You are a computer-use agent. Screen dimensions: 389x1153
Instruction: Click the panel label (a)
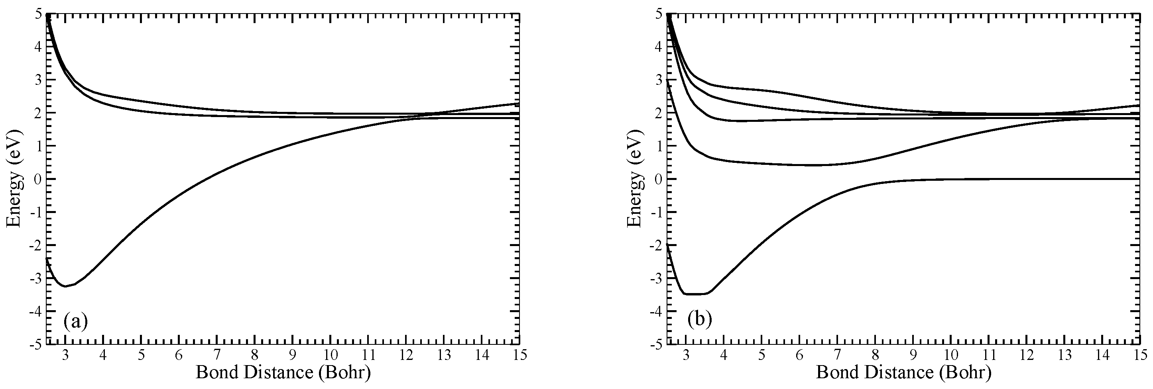point(75,321)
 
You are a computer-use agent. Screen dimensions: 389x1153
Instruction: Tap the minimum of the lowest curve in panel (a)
point(66,286)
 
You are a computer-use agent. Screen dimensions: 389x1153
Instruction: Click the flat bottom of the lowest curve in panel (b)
point(695,294)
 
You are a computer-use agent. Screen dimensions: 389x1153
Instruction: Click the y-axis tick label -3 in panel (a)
point(36,278)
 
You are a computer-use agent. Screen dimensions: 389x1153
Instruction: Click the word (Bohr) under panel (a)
point(344,372)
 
